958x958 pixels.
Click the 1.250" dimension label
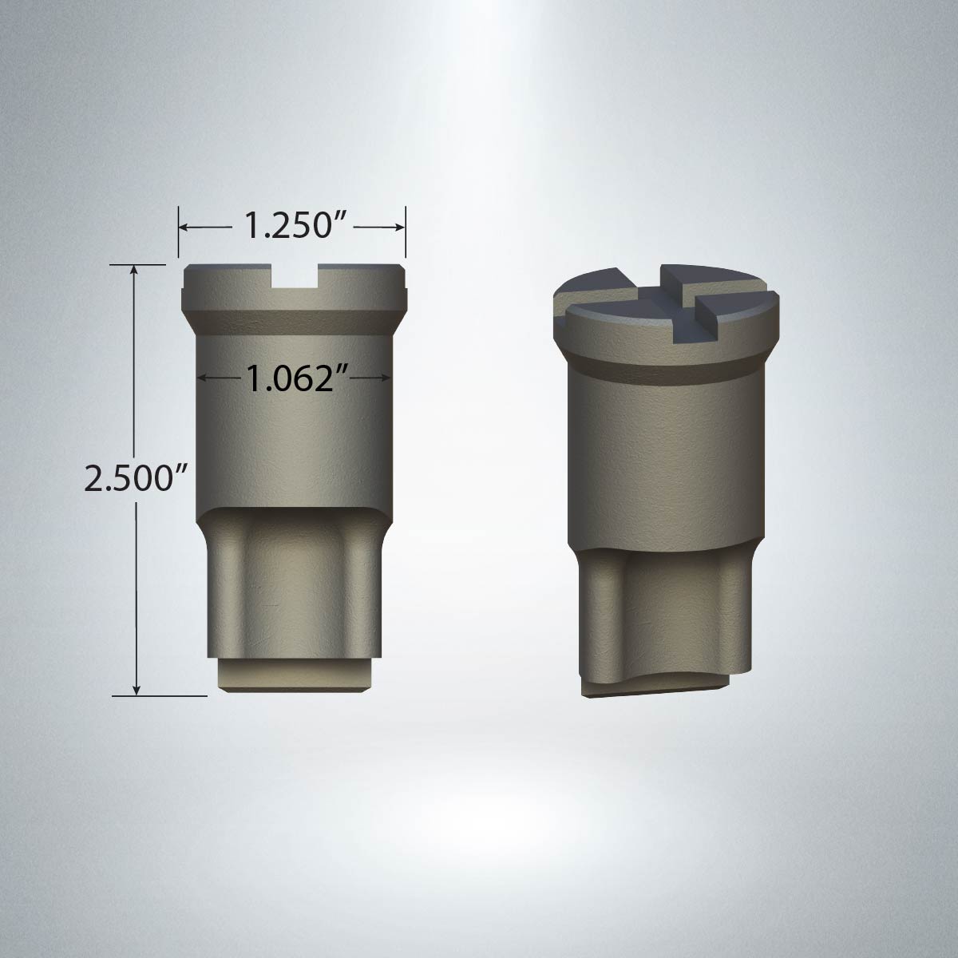[292, 227]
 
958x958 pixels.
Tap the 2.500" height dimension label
[135, 477]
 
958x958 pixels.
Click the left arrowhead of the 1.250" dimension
[183, 228]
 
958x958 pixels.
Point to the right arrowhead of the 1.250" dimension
[400, 228]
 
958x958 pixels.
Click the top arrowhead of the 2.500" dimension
[133, 270]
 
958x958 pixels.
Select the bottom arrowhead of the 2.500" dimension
[137, 690]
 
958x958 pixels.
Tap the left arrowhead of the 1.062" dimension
[202, 378]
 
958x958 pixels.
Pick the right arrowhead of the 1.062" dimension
[386, 378]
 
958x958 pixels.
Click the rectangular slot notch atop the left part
[295, 276]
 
